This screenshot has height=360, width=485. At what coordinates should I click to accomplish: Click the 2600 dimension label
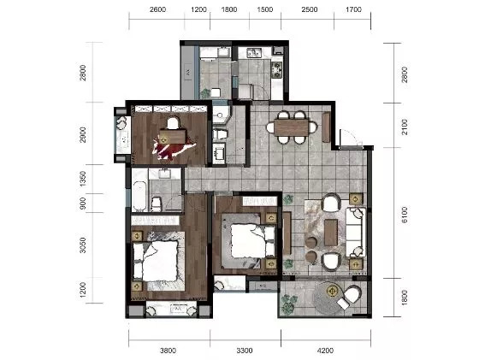point(157,9)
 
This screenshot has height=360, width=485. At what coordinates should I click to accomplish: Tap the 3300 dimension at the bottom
point(245,351)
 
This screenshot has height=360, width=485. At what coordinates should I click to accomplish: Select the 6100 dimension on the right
point(405,215)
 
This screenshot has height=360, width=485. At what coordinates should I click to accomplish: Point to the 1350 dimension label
point(83,179)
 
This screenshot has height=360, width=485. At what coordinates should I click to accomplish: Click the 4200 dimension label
point(325,351)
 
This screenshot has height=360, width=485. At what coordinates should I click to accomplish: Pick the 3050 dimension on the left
point(83,245)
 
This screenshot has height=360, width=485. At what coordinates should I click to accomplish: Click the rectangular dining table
point(292,127)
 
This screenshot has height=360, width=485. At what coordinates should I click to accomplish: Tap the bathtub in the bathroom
point(139,196)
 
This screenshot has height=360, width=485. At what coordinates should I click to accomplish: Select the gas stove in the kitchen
point(277,70)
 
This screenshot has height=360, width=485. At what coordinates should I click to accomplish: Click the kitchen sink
point(254,53)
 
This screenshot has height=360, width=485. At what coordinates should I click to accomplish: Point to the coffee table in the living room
point(331,232)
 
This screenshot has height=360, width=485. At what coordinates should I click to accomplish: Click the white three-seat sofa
point(355,233)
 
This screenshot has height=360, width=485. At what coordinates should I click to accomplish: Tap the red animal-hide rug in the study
point(173,149)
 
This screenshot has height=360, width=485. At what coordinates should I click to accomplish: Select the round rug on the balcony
point(329,298)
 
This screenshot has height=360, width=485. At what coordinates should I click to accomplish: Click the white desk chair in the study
point(174,122)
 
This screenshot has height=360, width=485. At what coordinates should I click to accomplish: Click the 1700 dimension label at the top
point(353,9)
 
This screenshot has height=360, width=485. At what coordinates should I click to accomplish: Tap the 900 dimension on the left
point(83,204)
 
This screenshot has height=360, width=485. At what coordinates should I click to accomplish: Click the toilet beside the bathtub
point(157,204)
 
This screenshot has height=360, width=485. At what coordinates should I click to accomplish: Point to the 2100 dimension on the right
point(405,127)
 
